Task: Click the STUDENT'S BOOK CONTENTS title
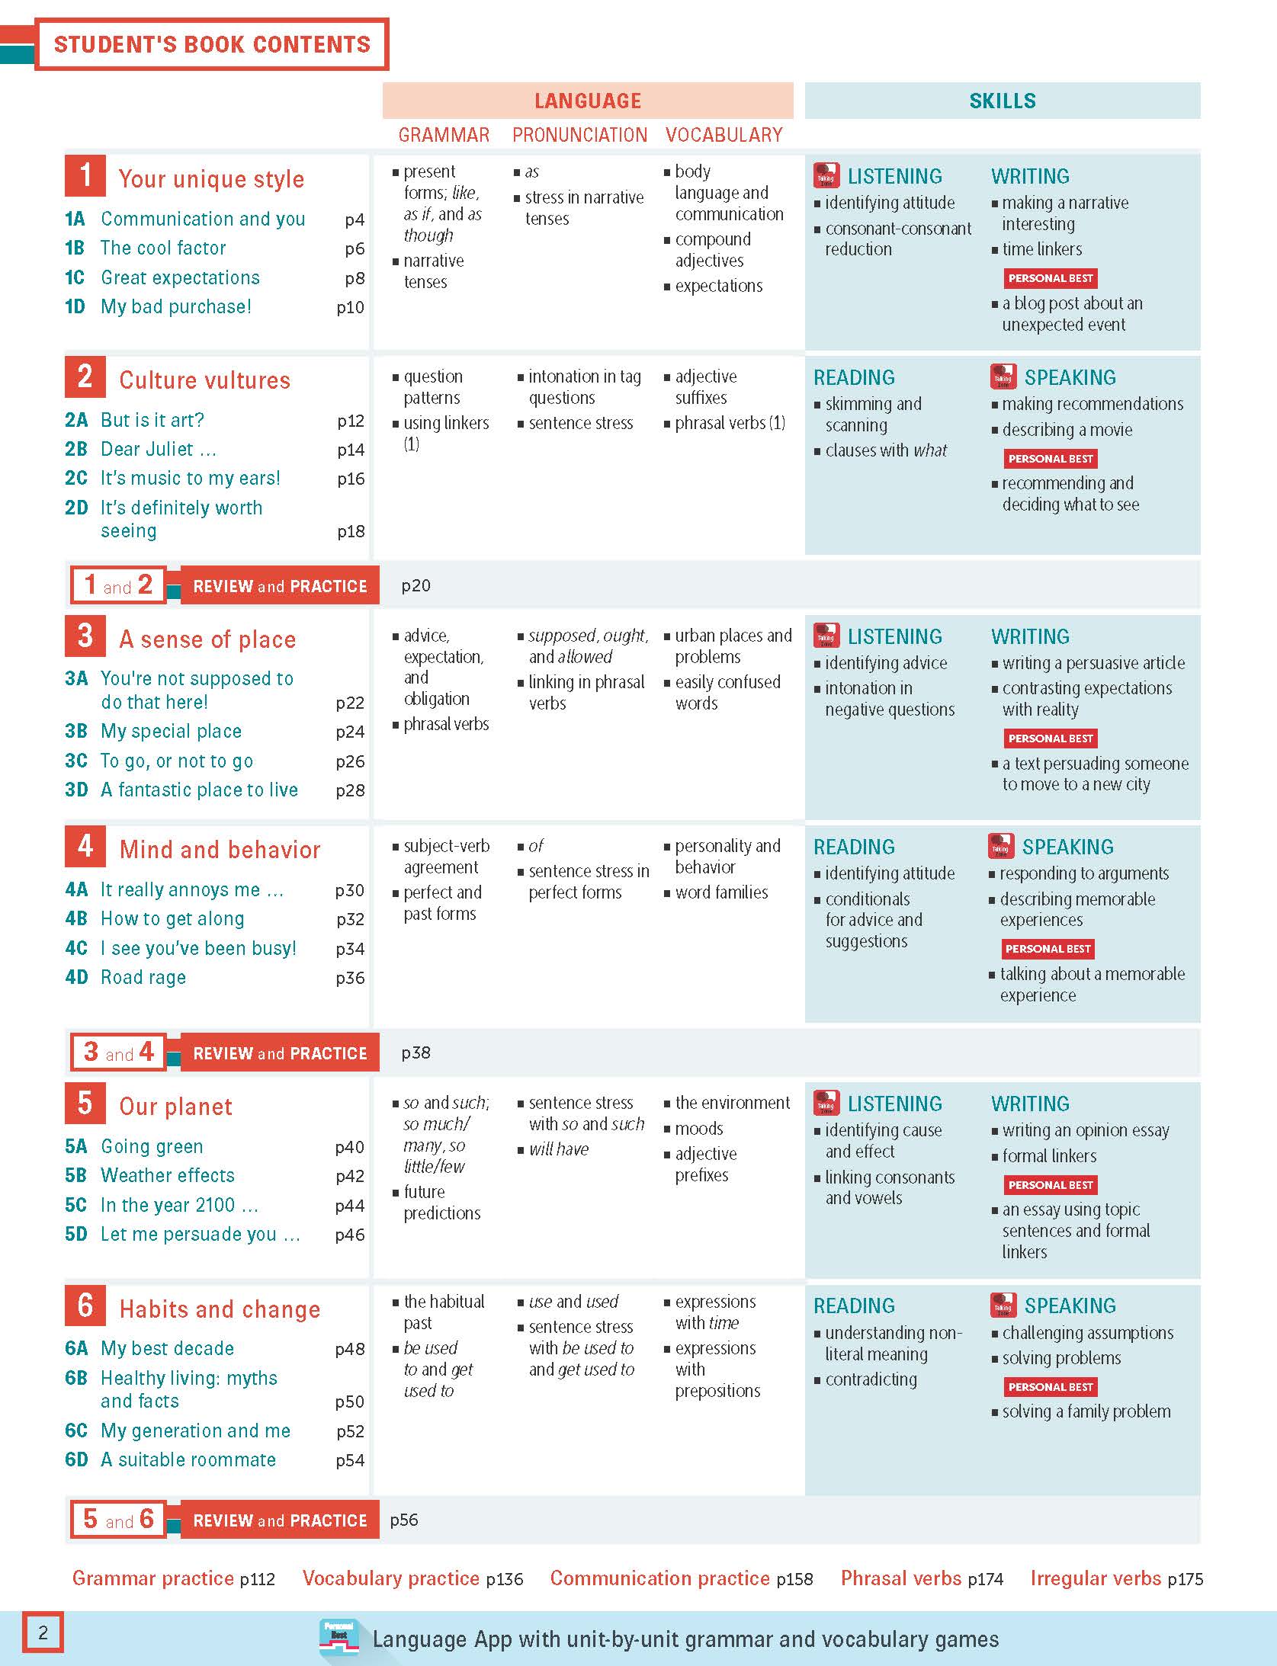pyautogui.click(x=212, y=44)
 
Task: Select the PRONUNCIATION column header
pyautogui.click(x=579, y=135)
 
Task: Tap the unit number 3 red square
pyautogui.click(x=85, y=636)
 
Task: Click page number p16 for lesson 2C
pyautogui.click(x=351, y=479)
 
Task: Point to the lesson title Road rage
pyautogui.click(x=143, y=977)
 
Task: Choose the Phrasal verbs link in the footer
pyautogui.click(x=900, y=1578)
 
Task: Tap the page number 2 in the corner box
pyautogui.click(x=43, y=1632)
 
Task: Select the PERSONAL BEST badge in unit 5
pyautogui.click(x=1051, y=1184)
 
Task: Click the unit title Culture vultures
pyautogui.click(x=204, y=380)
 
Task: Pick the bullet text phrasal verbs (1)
pyautogui.click(x=730, y=423)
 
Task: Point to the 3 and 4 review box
pyautogui.click(x=118, y=1052)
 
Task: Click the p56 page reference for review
pyautogui.click(x=404, y=1520)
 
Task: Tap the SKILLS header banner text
pyautogui.click(x=1002, y=101)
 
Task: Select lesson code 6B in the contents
pyautogui.click(x=76, y=1378)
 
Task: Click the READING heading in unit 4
pyautogui.click(x=854, y=847)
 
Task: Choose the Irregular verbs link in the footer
pyautogui.click(x=1096, y=1578)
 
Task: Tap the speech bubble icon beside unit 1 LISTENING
pyautogui.click(x=826, y=175)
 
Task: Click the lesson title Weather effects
pyautogui.click(x=168, y=1175)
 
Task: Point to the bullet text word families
pyautogui.click(x=721, y=892)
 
